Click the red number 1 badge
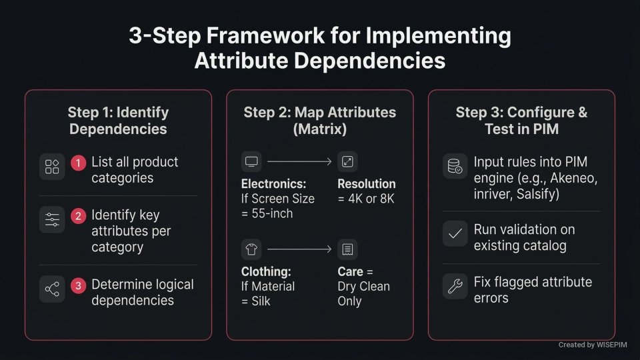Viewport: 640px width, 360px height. pyautogui.click(x=79, y=163)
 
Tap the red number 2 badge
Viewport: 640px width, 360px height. pyautogui.click(x=79, y=216)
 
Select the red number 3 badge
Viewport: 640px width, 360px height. pyautogui.click(x=79, y=285)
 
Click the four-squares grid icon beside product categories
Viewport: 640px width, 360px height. pyautogui.click(x=52, y=167)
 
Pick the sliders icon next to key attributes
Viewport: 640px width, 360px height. pyautogui.click(x=52, y=219)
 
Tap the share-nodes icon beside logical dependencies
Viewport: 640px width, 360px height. pyautogui.click(x=52, y=289)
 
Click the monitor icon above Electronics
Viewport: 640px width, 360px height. pyautogui.click(x=251, y=161)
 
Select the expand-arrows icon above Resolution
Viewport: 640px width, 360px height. pyautogui.click(x=347, y=161)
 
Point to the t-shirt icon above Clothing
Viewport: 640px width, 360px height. pyautogui.click(x=251, y=249)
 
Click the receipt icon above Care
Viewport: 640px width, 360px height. pyautogui.click(x=347, y=249)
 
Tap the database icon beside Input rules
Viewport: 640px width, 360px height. pyautogui.click(x=455, y=167)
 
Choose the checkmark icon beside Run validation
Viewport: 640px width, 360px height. pyautogui.click(x=455, y=233)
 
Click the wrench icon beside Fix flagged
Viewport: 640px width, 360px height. pyautogui.click(x=455, y=286)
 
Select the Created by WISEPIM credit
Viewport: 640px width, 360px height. pyautogui.click(x=593, y=345)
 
